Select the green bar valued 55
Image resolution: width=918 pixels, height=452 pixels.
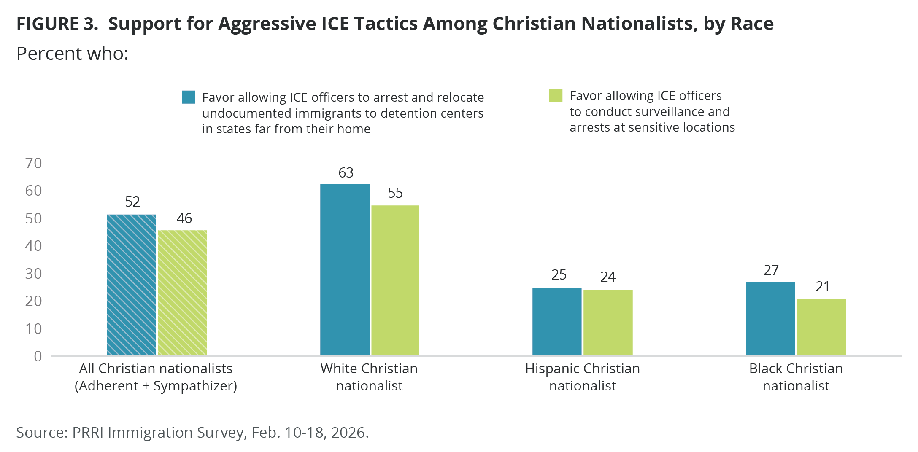395,280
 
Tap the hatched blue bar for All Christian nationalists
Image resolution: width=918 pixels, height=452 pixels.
131,285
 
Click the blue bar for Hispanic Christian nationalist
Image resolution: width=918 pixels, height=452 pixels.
557,321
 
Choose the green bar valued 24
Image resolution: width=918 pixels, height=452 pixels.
608,323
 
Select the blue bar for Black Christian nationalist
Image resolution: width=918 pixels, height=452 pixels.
770,318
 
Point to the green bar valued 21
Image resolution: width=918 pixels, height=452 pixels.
821,327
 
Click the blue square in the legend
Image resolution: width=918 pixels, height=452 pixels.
188,97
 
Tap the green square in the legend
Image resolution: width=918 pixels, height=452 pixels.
556,95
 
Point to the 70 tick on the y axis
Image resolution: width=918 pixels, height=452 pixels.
33,163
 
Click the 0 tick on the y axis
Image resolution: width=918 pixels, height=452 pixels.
38,356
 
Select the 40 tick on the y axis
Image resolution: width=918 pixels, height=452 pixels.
33,246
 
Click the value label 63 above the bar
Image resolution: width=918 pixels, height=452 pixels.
346,173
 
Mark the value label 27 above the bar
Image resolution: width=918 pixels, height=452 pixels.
771,270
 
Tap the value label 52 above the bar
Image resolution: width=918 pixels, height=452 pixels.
132,202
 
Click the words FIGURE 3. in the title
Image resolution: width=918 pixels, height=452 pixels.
57,24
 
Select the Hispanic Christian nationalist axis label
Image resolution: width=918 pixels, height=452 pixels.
582,377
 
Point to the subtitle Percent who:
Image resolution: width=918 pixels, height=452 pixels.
72,54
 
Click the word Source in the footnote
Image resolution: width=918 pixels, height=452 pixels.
41,433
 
